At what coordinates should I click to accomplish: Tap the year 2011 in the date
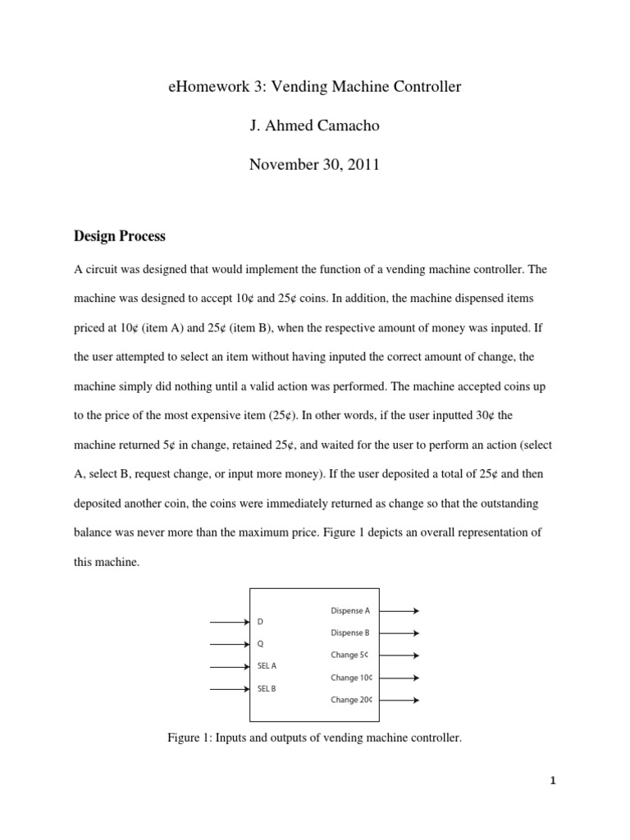point(363,164)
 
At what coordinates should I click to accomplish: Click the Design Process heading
point(120,236)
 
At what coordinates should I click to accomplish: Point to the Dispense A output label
point(350,611)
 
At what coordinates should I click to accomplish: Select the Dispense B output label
point(350,633)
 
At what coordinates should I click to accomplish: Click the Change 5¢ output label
point(350,655)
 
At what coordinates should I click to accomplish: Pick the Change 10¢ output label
point(352,678)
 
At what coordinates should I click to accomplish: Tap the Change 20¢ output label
point(352,701)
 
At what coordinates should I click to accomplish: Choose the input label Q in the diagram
point(261,645)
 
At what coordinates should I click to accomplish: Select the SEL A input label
point(267,667)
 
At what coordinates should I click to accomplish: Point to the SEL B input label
point(267,689)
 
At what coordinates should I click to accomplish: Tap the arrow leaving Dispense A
point(400,611)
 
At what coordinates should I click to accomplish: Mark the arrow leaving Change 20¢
point(400,701)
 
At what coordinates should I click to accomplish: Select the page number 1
point(553,781)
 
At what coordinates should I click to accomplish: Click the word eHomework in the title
point(203,87)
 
